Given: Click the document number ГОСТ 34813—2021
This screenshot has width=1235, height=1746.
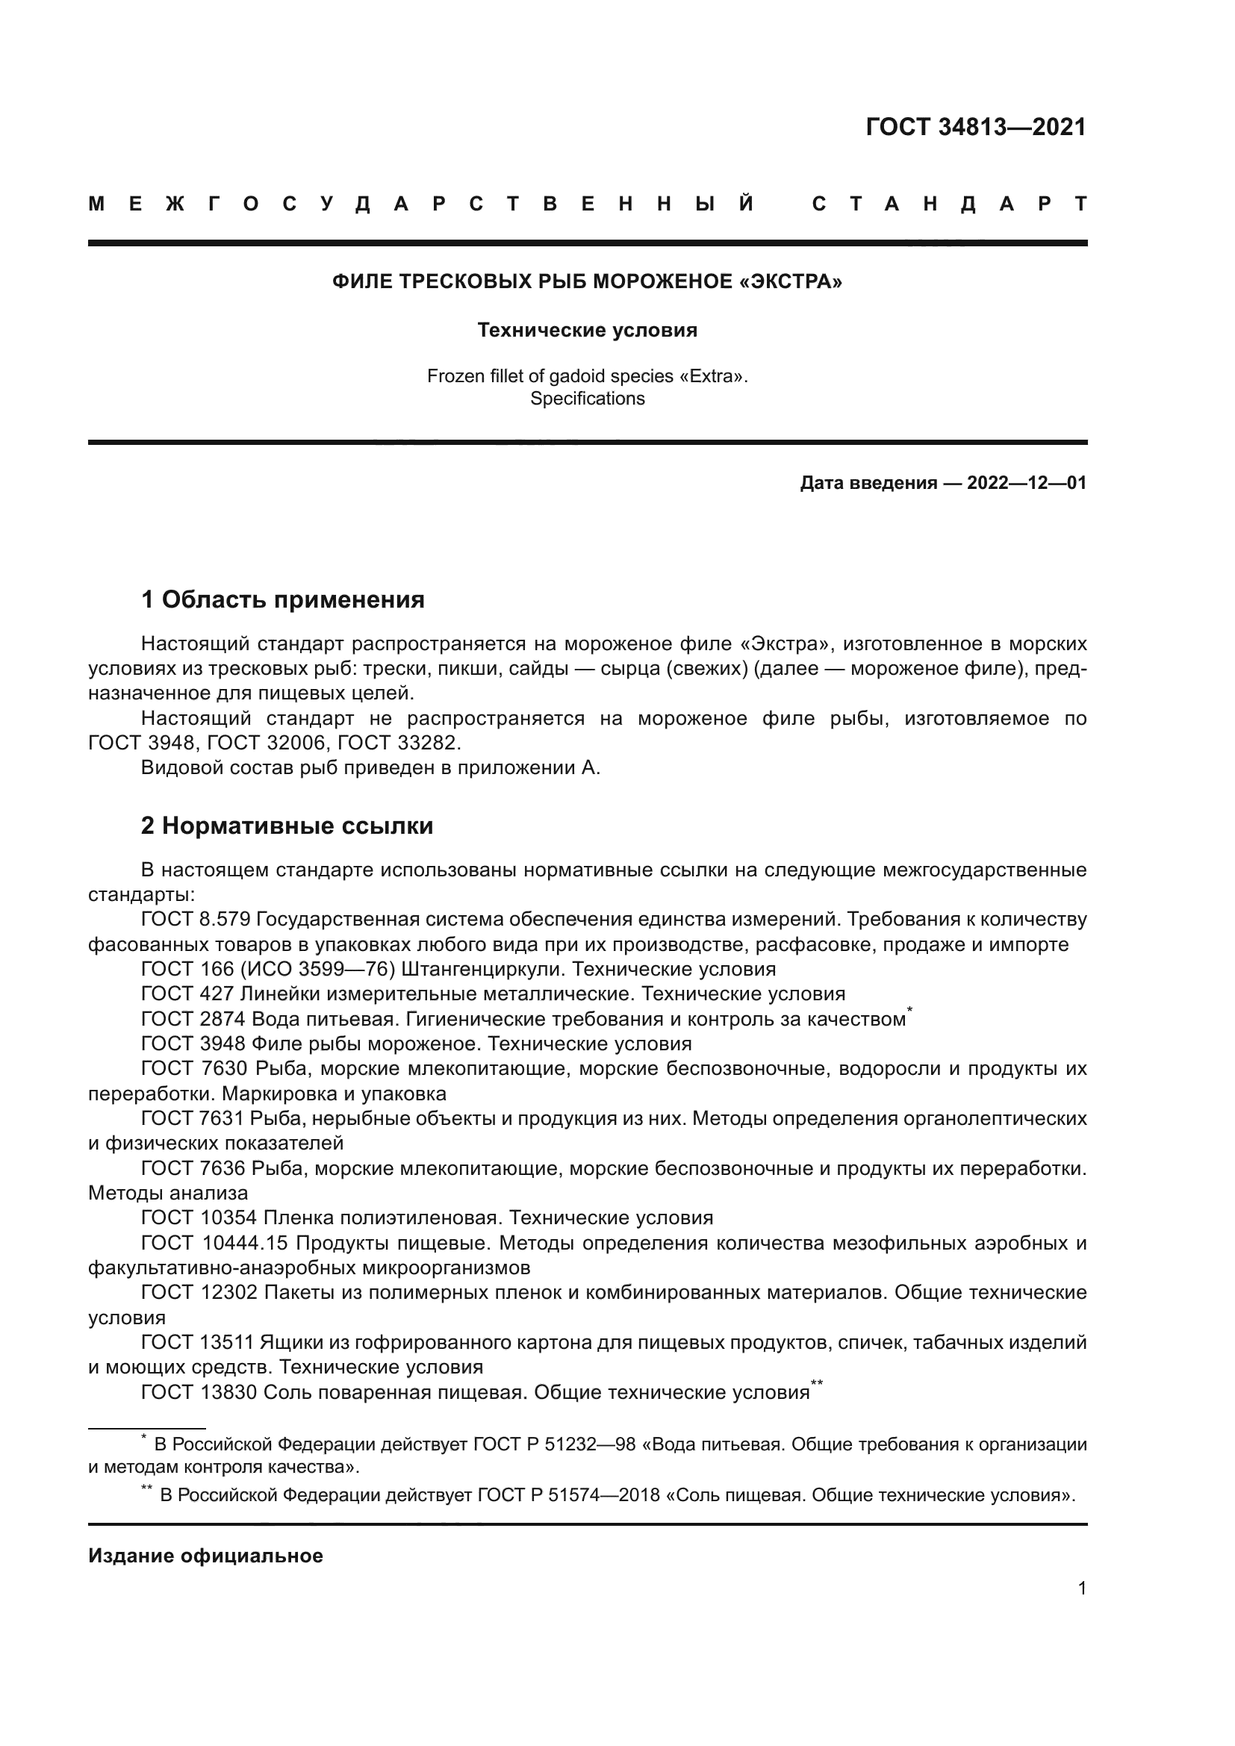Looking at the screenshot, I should [976, 127].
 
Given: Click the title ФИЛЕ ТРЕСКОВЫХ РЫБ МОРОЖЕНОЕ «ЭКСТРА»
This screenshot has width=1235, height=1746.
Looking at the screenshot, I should [587, 282].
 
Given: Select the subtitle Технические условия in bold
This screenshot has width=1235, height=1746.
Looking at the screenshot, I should [587, 330].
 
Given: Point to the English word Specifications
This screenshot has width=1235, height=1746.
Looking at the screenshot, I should [587, 399].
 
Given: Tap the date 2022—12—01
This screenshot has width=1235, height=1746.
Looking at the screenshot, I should [1026, 483].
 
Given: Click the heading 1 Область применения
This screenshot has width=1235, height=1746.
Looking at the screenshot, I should [283, 600].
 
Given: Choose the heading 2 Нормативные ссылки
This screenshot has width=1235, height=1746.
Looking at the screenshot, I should [287, 826].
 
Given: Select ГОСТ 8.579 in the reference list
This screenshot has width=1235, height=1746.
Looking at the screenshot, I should [196, 920].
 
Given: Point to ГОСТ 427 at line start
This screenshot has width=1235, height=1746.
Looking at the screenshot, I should [187, 994].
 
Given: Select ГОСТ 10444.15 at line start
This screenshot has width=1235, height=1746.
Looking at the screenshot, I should [214, 1244].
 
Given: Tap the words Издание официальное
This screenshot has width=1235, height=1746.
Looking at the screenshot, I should [205, 1556].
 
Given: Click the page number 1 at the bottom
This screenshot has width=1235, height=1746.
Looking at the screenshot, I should [1081, 1588].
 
